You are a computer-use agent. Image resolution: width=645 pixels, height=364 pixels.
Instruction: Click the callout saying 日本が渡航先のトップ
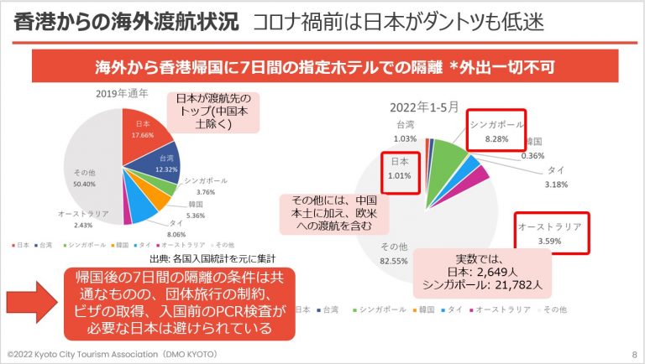(218, 113)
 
